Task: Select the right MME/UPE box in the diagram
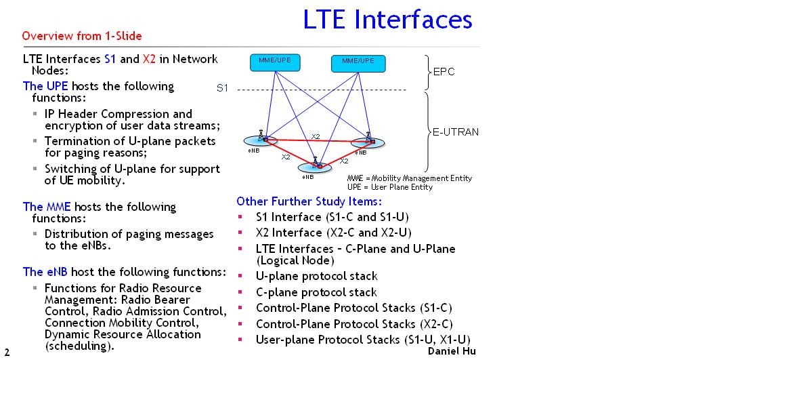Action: (x=358, y=63)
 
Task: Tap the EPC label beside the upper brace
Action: (x=444, y=72)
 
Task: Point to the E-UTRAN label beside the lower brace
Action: (x=456, y=132)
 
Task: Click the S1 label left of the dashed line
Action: (x=223, y=88)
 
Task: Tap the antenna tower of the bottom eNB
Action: (x=315, y=163)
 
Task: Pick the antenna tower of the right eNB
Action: (x=368, y=138)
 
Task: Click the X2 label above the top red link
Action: (x=316, y=136)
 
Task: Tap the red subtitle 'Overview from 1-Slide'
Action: (x=82, y=36)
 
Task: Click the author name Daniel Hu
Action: (x=452, y=351)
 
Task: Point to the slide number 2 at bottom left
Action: (x=7, y=353)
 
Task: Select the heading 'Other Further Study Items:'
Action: (x=309, y=201)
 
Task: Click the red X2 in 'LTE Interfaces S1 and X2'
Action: (x=149, y=59)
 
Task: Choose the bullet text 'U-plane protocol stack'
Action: (x=316, y=276)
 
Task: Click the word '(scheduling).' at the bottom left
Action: (x=79, y=346)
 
